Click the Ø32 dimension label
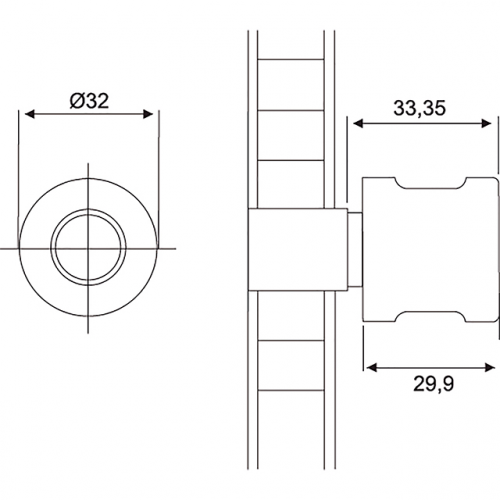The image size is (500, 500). [89, 101]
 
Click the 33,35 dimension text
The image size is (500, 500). [419, 108]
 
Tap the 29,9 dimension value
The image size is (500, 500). [433, 384]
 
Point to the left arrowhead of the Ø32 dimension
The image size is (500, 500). [30, 114]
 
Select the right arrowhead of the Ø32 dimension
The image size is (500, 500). [148, 114]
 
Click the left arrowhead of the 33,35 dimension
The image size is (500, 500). [358, 124]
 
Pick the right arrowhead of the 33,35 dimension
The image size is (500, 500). [487, 124]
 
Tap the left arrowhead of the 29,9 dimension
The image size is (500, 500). [372, 368]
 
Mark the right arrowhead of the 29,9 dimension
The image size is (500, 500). [490, 368]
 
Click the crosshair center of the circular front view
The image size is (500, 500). [88, 248]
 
